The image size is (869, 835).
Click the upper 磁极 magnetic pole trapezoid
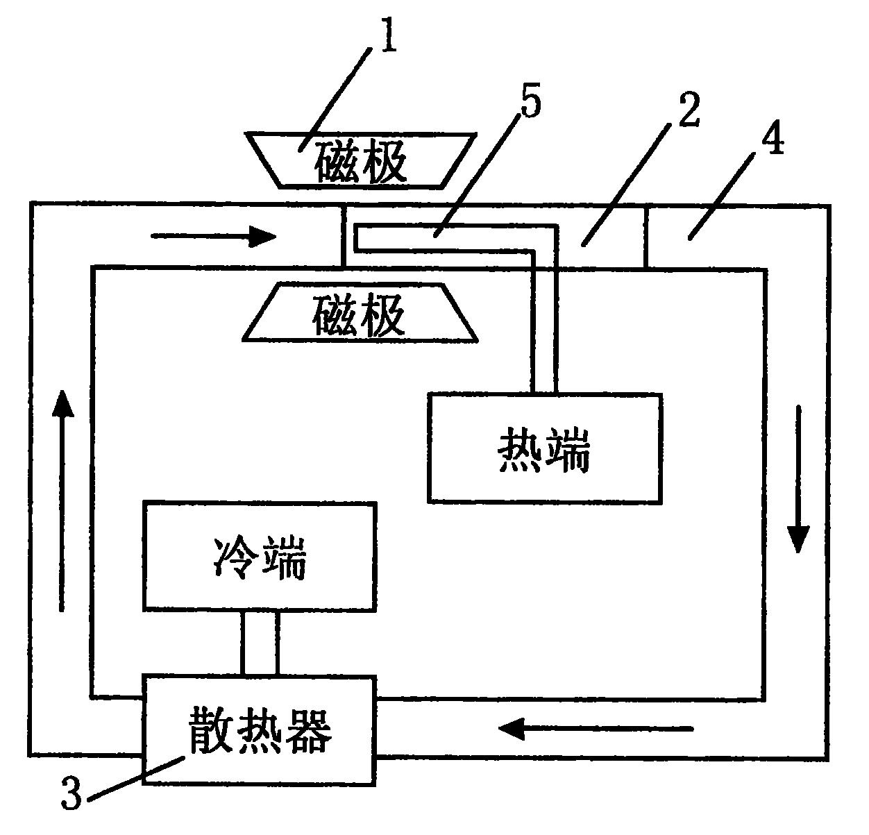360,160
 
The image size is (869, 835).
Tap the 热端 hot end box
544,448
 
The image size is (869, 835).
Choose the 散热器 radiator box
258,729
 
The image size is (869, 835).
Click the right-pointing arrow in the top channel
213,237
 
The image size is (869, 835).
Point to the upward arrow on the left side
63,500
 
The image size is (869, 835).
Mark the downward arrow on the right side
798,479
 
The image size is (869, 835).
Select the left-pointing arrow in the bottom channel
596,729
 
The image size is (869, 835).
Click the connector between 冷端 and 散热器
260,643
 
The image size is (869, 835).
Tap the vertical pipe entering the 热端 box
543,326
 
